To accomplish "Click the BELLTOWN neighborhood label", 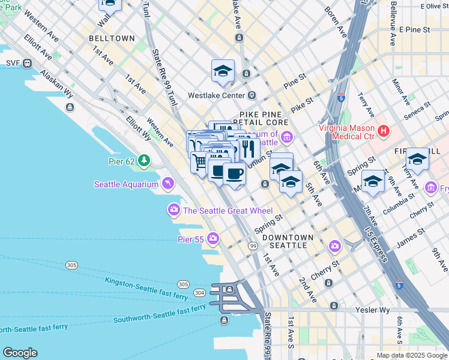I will (112, 38).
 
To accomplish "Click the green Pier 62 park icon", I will (143, 160).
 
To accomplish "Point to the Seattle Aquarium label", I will (126, 184).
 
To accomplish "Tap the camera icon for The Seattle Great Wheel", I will (173, 209).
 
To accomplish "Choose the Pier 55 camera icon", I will (213, 239).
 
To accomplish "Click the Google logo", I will (20, 353).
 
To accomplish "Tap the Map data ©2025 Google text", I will (411, 355).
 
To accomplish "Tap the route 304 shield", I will (199, 293).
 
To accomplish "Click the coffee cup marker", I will (234, 174).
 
